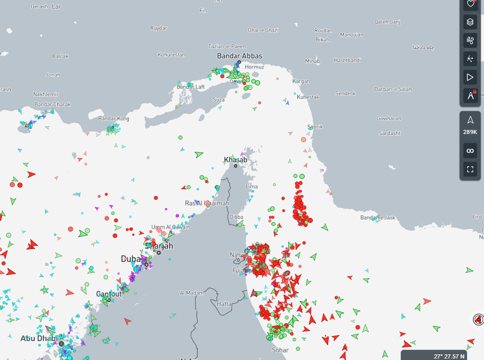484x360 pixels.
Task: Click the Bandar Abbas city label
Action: [x=240, y=56]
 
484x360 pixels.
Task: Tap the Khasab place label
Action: [x=236, y=160]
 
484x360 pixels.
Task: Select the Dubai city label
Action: [x=131, y=259]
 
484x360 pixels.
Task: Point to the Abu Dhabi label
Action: [x=39, y=339]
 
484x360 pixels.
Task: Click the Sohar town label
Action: [x=280, y=350]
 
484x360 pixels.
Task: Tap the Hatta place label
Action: [x=224, y=304]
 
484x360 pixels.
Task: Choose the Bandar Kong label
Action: [x=113, y=119]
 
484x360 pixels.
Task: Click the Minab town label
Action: [x=312, y=61]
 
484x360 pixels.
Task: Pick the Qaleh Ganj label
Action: [x=387, y=22]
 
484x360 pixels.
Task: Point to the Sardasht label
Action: [x=389, y=133]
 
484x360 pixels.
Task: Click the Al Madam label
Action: [x=192, y=293]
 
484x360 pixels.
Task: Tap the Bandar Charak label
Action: [x=52, y=104]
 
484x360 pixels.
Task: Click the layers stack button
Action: [x=470, y=22]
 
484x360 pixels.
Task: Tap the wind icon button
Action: [x=470, y=40]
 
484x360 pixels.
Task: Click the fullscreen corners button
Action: [x=470, y=169]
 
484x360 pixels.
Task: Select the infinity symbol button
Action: [x=470, y=150]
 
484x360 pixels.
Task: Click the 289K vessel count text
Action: [x=470, y=132]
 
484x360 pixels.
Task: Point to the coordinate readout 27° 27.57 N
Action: [x=449, y=356]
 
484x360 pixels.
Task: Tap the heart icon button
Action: [x=470, y=4]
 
